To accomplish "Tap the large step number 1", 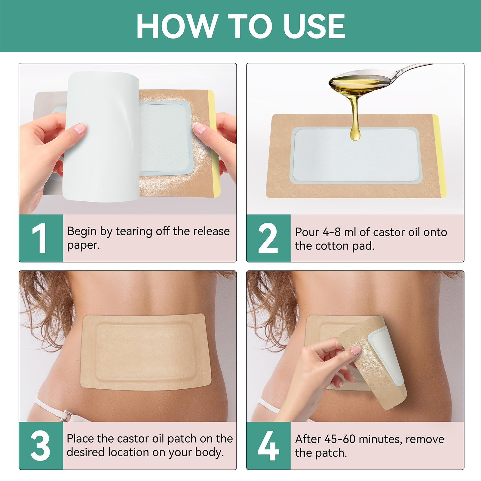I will coord(40,238).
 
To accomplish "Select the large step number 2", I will coord(268,238).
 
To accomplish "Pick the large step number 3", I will coord(40,446).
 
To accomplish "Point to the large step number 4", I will coord(268,446).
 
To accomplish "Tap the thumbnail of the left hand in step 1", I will coord(79,128).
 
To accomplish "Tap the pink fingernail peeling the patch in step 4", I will coord(356,350).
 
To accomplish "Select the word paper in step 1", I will coord(83,246).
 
